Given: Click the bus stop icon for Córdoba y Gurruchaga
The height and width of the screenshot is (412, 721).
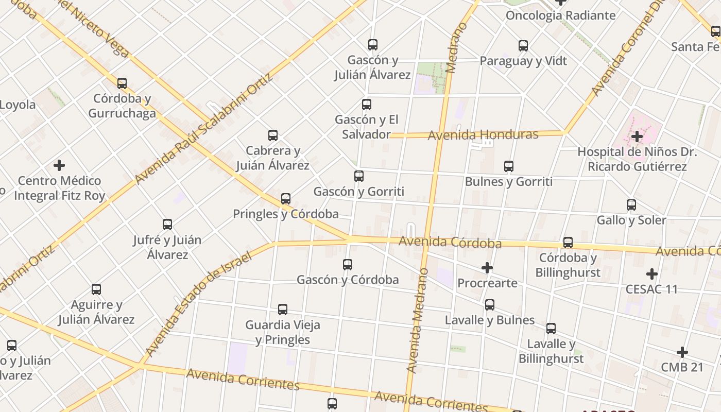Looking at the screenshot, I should pyautogui.click(x=122, y=83).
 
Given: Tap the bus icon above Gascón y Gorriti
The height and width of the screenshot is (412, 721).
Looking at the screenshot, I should pyautogui.click(x=359, y=176).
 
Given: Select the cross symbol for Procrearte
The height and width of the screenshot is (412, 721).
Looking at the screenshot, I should pyautogui.click(x=487, y=268).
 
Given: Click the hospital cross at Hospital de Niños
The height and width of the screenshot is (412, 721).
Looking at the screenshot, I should pyautogui.click(x=637, y=136).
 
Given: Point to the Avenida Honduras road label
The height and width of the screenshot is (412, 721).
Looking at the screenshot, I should pyautogui.click(x=483, y=135).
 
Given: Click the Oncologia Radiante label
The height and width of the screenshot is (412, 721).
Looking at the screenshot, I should pyautogui.click(x=560, y=15).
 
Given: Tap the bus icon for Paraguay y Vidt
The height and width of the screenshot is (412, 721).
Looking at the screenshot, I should pyautogui.click(x=523, y=46).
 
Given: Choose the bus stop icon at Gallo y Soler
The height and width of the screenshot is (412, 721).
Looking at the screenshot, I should pyautogui.click(x=631, y=205).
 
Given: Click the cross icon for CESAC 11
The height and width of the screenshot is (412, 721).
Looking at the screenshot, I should pyautogui.click(x=652, y=273).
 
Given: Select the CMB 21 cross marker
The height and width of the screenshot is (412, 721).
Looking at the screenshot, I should pyautogui.click(x=682, y=352).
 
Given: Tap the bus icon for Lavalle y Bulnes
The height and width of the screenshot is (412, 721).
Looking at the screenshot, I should pyautogui.click(x=490, y=305).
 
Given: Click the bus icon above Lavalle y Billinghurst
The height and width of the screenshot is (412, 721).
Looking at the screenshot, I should pyautogui.click(x=551, y=329).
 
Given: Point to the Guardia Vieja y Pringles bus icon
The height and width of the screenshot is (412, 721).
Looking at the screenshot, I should pyautogui.click(x=283, y=310).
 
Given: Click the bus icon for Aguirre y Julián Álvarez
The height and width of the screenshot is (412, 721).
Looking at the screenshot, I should pyautogui.click(x=96, y=289).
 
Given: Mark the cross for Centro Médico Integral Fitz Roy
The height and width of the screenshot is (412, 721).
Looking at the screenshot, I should pyautogui.click(x=59, y=165).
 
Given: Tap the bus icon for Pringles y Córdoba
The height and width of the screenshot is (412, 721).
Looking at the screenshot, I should pyautogui.click(x=286, y=199).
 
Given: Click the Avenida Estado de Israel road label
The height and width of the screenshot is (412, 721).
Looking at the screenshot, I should pyautogui.click(x=198, y=304).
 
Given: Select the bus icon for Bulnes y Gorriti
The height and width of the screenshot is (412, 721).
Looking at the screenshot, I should pyautogui.click(x=509, y=166).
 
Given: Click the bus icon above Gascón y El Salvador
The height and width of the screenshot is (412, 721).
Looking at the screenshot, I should pyautogui.click(x=367, y=105).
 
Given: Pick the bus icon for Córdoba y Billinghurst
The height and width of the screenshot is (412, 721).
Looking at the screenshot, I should pyautogui.click(x=568, y=242).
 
